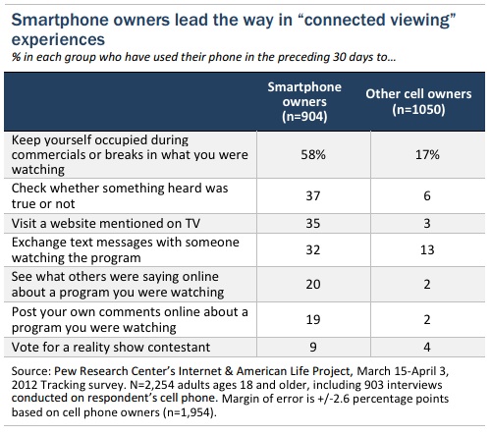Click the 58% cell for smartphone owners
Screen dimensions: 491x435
pos(313,154)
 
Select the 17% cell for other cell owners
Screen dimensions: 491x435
pos(427,154)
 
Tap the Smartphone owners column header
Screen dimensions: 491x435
pos(304,102)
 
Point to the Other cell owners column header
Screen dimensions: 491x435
pos(418,102)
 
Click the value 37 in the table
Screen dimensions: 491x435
pos(313,195)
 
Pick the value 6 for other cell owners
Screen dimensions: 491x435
pos(427,195)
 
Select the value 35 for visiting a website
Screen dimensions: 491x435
pos(313,223)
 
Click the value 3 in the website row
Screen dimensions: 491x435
pos(427,223)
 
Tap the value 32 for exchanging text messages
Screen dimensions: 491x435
pos(313,249)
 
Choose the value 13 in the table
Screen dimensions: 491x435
pos(427,249)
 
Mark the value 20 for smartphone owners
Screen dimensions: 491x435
pos(313,284)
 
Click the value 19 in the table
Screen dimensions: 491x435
pos(313,319)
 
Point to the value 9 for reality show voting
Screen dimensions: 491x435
pos(313,347)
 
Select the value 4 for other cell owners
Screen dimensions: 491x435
pos(427,347)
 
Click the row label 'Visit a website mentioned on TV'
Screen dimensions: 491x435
pos(106,223)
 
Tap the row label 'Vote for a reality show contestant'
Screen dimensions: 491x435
pos(111,347)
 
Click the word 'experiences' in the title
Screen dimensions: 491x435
pos(58,40)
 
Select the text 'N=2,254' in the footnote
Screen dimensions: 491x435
pos(152,385)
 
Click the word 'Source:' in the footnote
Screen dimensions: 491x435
pos(31,371)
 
